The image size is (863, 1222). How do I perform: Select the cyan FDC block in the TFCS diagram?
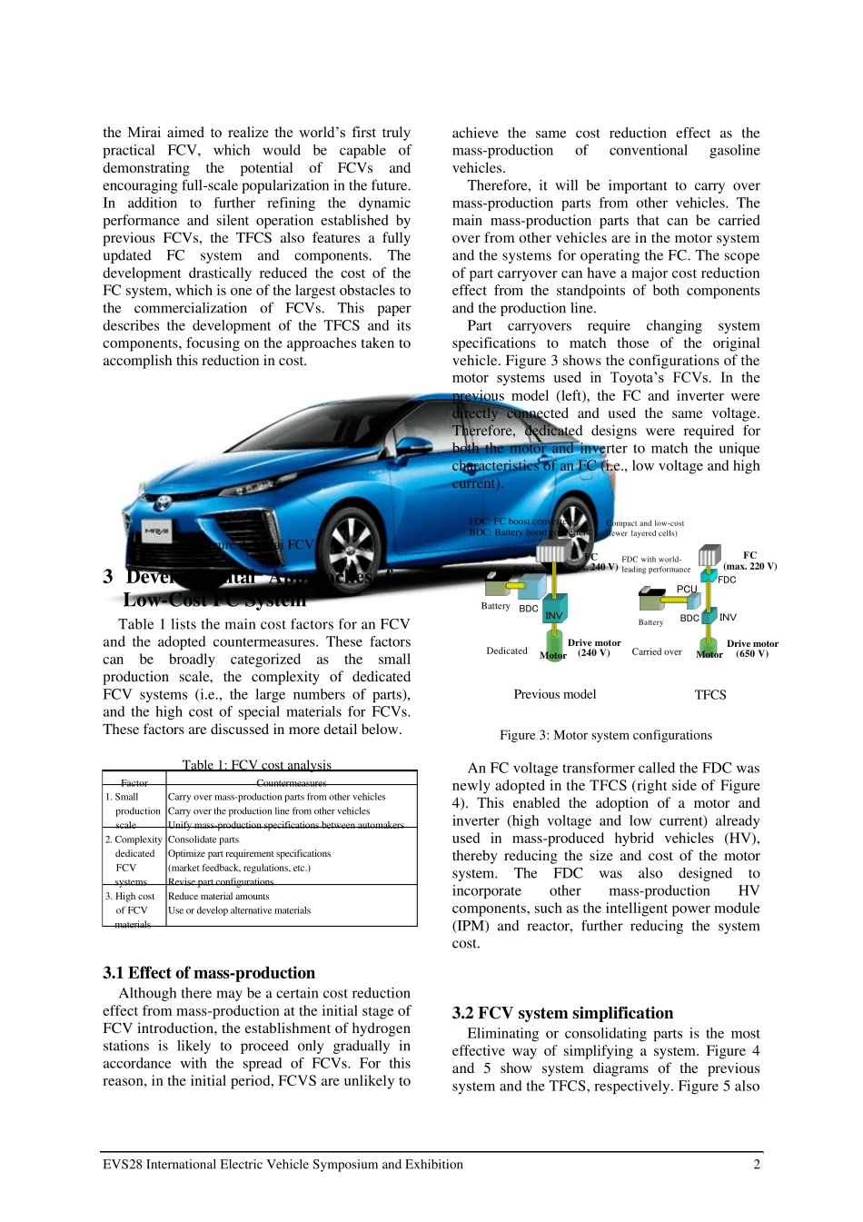click(709, 576)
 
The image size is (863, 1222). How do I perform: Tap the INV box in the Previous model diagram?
click(555, 609)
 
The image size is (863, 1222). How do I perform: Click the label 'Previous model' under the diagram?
click(555, 694)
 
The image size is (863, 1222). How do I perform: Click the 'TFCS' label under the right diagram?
click(710, 695)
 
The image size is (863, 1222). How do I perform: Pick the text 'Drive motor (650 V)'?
click(752, 649)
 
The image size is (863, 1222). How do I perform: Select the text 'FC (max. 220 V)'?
click(749, 561)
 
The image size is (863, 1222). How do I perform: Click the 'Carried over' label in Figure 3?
click(657, 651)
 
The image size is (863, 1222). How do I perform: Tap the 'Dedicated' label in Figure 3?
click(507, 651)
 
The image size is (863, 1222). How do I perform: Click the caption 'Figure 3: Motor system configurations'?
click(606, 735)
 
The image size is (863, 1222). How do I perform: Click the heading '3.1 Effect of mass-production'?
click(209, 972)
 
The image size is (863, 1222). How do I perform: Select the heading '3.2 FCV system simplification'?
click(563, 1013)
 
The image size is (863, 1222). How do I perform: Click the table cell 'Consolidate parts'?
click(203, 840)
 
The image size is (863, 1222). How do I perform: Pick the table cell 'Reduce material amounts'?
click(219, 896)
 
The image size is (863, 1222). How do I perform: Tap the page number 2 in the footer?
click(757, 1165)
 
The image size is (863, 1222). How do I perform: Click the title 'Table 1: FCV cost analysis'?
click(257, 765)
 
